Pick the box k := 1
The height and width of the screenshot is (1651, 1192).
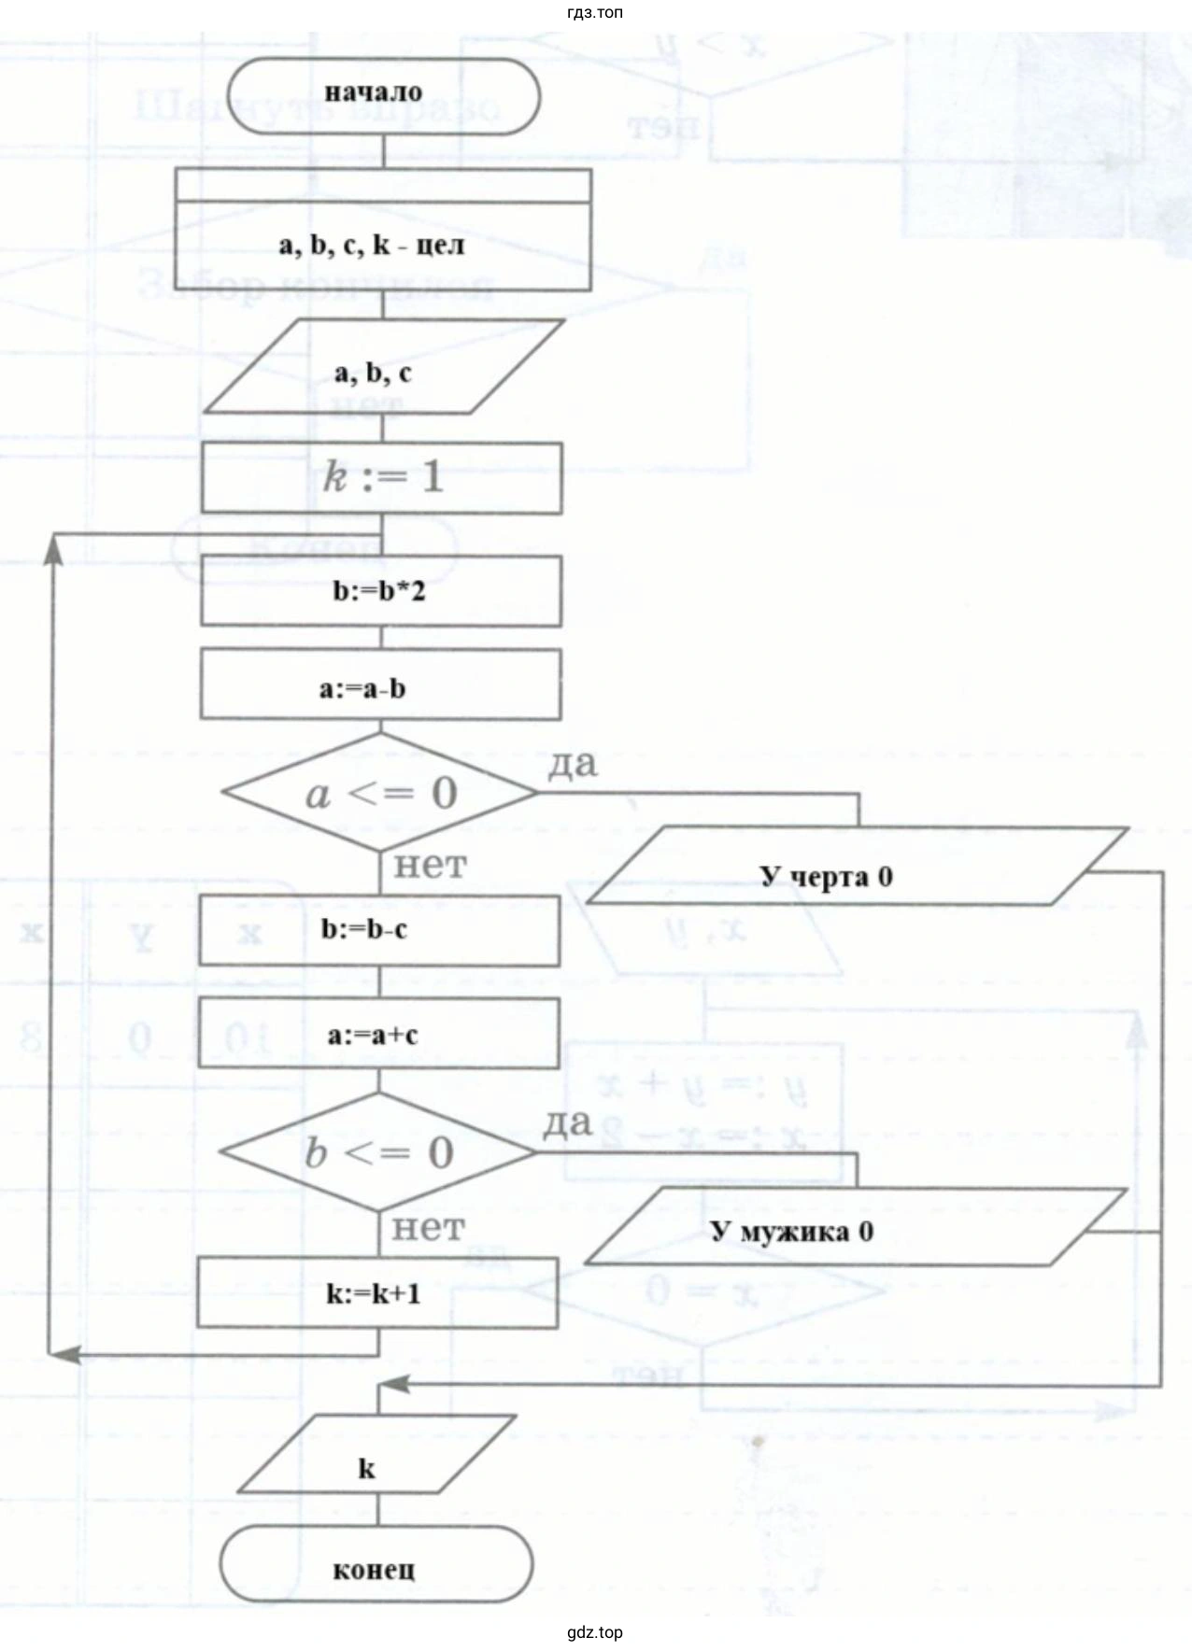(382, 478)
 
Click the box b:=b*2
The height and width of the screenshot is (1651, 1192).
(381, 591)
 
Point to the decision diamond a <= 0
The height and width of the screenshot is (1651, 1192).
(380, 793)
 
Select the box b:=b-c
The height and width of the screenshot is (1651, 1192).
(379, 930)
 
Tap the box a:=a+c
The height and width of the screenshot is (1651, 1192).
(378, 1034)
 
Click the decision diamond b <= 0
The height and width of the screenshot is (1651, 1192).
(378, 1152)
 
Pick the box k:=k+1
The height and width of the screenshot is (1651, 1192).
(377, 1292)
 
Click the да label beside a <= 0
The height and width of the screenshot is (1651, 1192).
(572, 764)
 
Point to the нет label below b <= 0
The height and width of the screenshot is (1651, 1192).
(427, 1226)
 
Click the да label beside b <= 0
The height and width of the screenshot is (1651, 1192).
(568, 1122)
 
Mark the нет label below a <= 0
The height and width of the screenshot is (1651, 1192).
(429, 865)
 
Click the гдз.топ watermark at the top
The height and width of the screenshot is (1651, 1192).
(595, 12)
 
